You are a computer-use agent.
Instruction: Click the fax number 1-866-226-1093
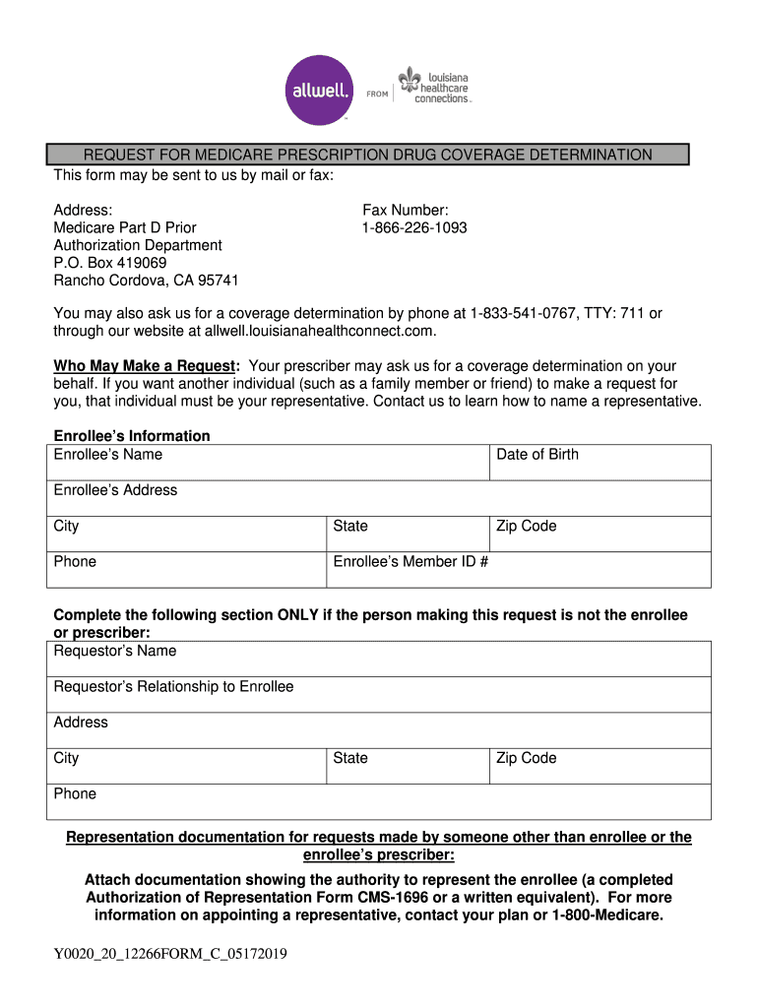coord(414,227)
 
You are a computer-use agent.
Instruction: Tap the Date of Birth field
coord(600,462)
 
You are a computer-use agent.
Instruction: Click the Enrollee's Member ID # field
coord(518,569)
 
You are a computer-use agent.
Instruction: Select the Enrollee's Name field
coord(269,462)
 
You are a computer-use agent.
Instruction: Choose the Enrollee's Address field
coord(379,497)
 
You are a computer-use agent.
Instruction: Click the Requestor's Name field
coord(379,659)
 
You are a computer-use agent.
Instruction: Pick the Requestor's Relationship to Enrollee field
coord(379,694)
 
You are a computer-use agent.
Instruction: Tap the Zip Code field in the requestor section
coord(600,766)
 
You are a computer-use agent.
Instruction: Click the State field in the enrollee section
coord(408,534)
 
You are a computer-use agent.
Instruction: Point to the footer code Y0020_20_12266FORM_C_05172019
coord(170,953)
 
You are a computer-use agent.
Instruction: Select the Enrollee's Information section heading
coord(132,436)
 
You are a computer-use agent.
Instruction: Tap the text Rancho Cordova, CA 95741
coord(146,281)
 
